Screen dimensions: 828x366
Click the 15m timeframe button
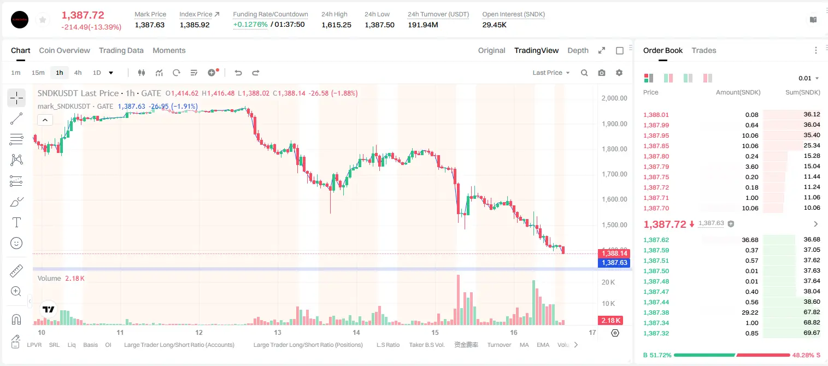point(38,73)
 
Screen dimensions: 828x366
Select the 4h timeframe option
point(78,73)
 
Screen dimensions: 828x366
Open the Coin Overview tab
point(64,50)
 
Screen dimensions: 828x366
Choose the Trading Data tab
point(121,50)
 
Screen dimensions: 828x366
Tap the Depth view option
point(578,50)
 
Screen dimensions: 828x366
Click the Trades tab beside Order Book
point(704,50)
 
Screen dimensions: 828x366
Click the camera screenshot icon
point(602,73)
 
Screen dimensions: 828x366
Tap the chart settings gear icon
point(619,73)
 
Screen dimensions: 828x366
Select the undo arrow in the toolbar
point(238,73)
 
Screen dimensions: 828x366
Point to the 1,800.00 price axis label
point(614,149)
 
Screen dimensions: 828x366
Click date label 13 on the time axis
point(278,332)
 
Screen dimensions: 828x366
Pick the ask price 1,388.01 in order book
point(656,115)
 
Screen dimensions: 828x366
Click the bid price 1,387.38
point(656,312)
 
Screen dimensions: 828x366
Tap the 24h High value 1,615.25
point(336,25)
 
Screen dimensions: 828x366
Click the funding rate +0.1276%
point(250,25)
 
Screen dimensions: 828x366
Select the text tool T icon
point(16,222)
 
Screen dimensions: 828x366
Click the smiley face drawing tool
point(16,243)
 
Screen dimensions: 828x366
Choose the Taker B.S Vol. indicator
point(426,345)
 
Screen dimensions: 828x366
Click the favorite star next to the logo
point(43,20)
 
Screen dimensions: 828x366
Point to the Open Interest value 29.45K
point(494,25)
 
